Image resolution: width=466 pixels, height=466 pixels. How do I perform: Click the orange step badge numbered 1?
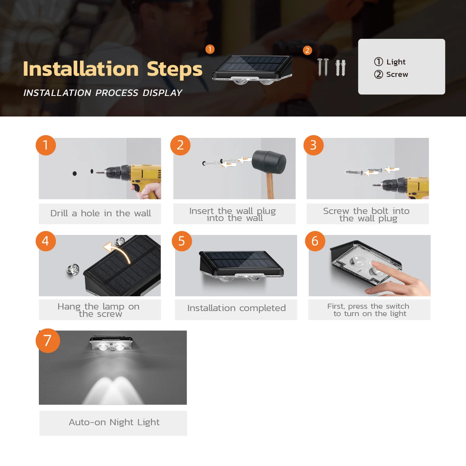point(46,145)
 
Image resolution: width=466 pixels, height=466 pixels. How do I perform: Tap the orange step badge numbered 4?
point(46,241)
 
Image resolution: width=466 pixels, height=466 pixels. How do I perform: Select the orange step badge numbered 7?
point(48,341)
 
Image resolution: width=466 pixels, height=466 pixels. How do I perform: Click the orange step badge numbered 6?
point(315,241)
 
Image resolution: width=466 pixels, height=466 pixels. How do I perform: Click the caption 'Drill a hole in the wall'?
point(100,214)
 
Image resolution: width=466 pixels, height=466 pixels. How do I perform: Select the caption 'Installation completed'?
point(236,308)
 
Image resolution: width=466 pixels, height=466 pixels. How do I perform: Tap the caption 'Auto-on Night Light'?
point(114,423)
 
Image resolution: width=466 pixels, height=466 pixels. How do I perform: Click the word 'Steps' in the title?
point(174,69)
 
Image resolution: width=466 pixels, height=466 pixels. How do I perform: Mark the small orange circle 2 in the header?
point(307,50)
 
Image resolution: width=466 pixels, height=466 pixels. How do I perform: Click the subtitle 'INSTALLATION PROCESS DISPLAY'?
point(103,93)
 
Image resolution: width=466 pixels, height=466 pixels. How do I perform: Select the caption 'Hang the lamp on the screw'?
point(99,310)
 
